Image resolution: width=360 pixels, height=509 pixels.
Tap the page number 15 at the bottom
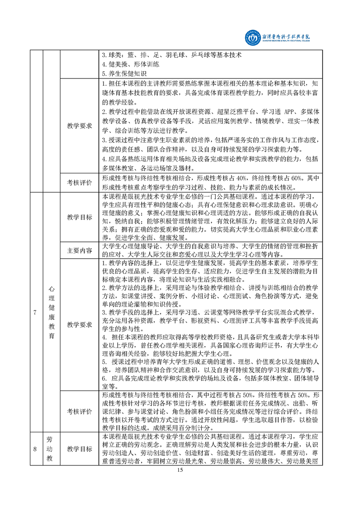click(x=180, y=470)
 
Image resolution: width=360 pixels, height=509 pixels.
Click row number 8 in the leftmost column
click(x=35, y=449)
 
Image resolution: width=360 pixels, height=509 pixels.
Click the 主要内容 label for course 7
click(x=80, y=250)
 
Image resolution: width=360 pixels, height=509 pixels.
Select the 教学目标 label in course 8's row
click(x=80, y=449)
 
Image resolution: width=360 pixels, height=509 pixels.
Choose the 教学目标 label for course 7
click(x=80, y=217)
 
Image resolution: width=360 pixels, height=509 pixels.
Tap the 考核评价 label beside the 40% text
click(x=80, y=182)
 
